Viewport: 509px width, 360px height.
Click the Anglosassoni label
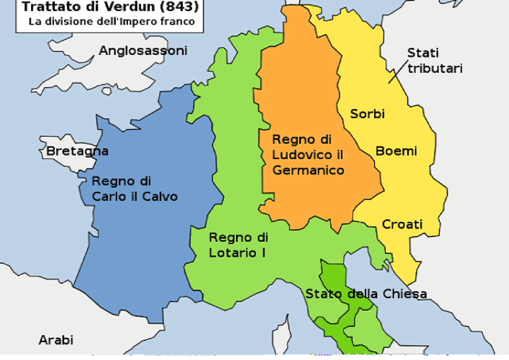tap(143, 51)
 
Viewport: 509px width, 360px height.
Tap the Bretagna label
tap(77, 152)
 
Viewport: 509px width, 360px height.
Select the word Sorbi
tap(367, 114)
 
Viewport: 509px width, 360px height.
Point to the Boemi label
tap(396, 151)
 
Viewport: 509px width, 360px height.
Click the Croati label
tap(402, 224)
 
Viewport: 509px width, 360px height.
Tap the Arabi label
tap(56, 340)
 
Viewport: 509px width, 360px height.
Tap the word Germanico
tap(308, 170)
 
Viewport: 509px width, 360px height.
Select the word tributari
tap(435, 68)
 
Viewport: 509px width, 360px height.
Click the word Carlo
tap(106, 197)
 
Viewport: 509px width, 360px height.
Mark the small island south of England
tap(107, 91)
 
